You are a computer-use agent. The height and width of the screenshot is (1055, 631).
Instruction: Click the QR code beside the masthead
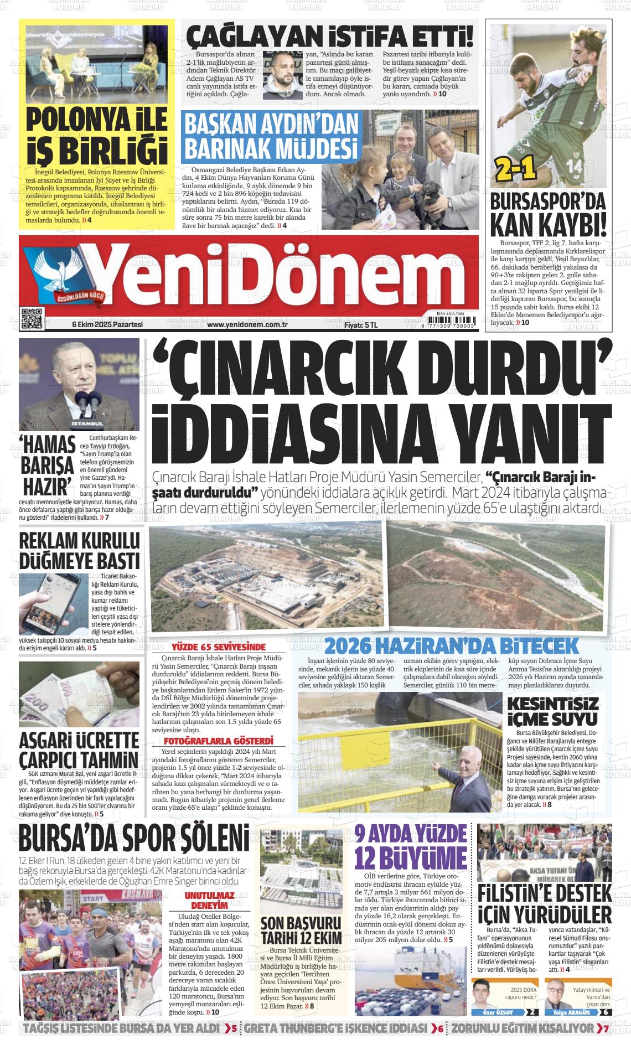[x=31, y=317]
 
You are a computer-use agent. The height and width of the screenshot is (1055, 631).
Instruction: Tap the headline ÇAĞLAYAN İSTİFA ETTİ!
[x=330, y=36]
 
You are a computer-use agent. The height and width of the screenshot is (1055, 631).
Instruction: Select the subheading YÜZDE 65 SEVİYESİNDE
[x=219, y=647]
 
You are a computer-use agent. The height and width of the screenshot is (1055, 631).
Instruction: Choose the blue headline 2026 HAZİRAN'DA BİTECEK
[x=451, y=645]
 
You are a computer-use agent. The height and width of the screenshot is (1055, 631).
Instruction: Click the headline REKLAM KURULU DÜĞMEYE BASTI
[x=80, y=551]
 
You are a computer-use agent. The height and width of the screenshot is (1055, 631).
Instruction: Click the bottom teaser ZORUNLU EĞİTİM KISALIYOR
[x=523, y=1028]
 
